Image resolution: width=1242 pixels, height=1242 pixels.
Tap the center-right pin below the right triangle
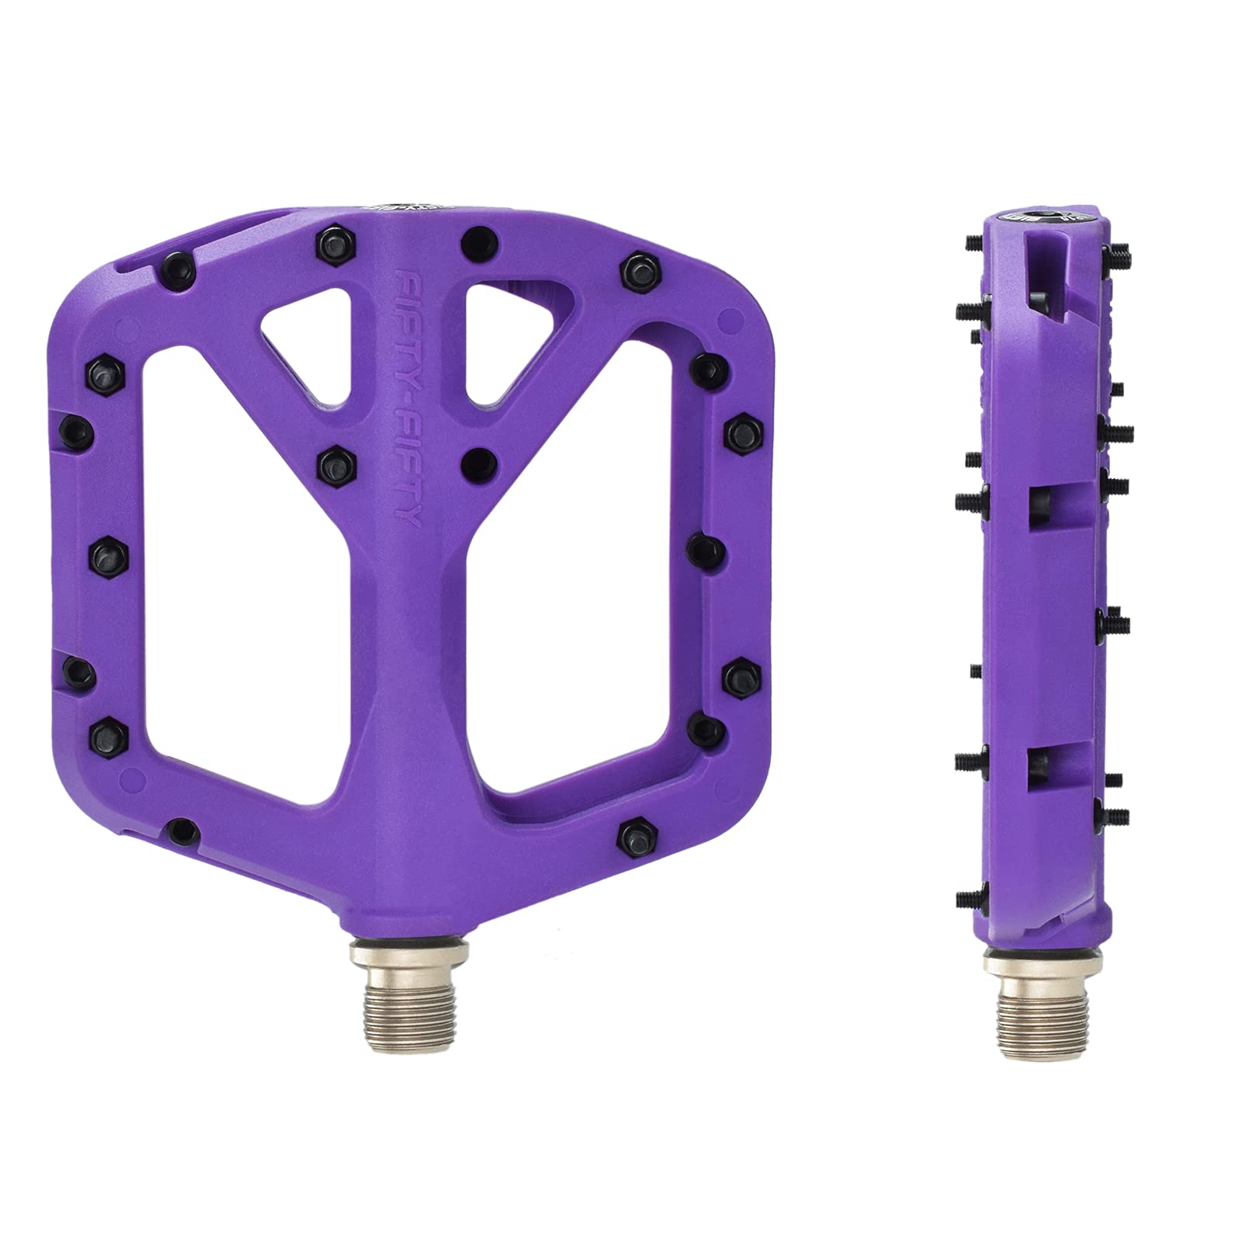tap(477, 463)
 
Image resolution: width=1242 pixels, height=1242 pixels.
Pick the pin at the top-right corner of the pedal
tap(636, 269)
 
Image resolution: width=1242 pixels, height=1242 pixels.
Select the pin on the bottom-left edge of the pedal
tap(182, 830)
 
